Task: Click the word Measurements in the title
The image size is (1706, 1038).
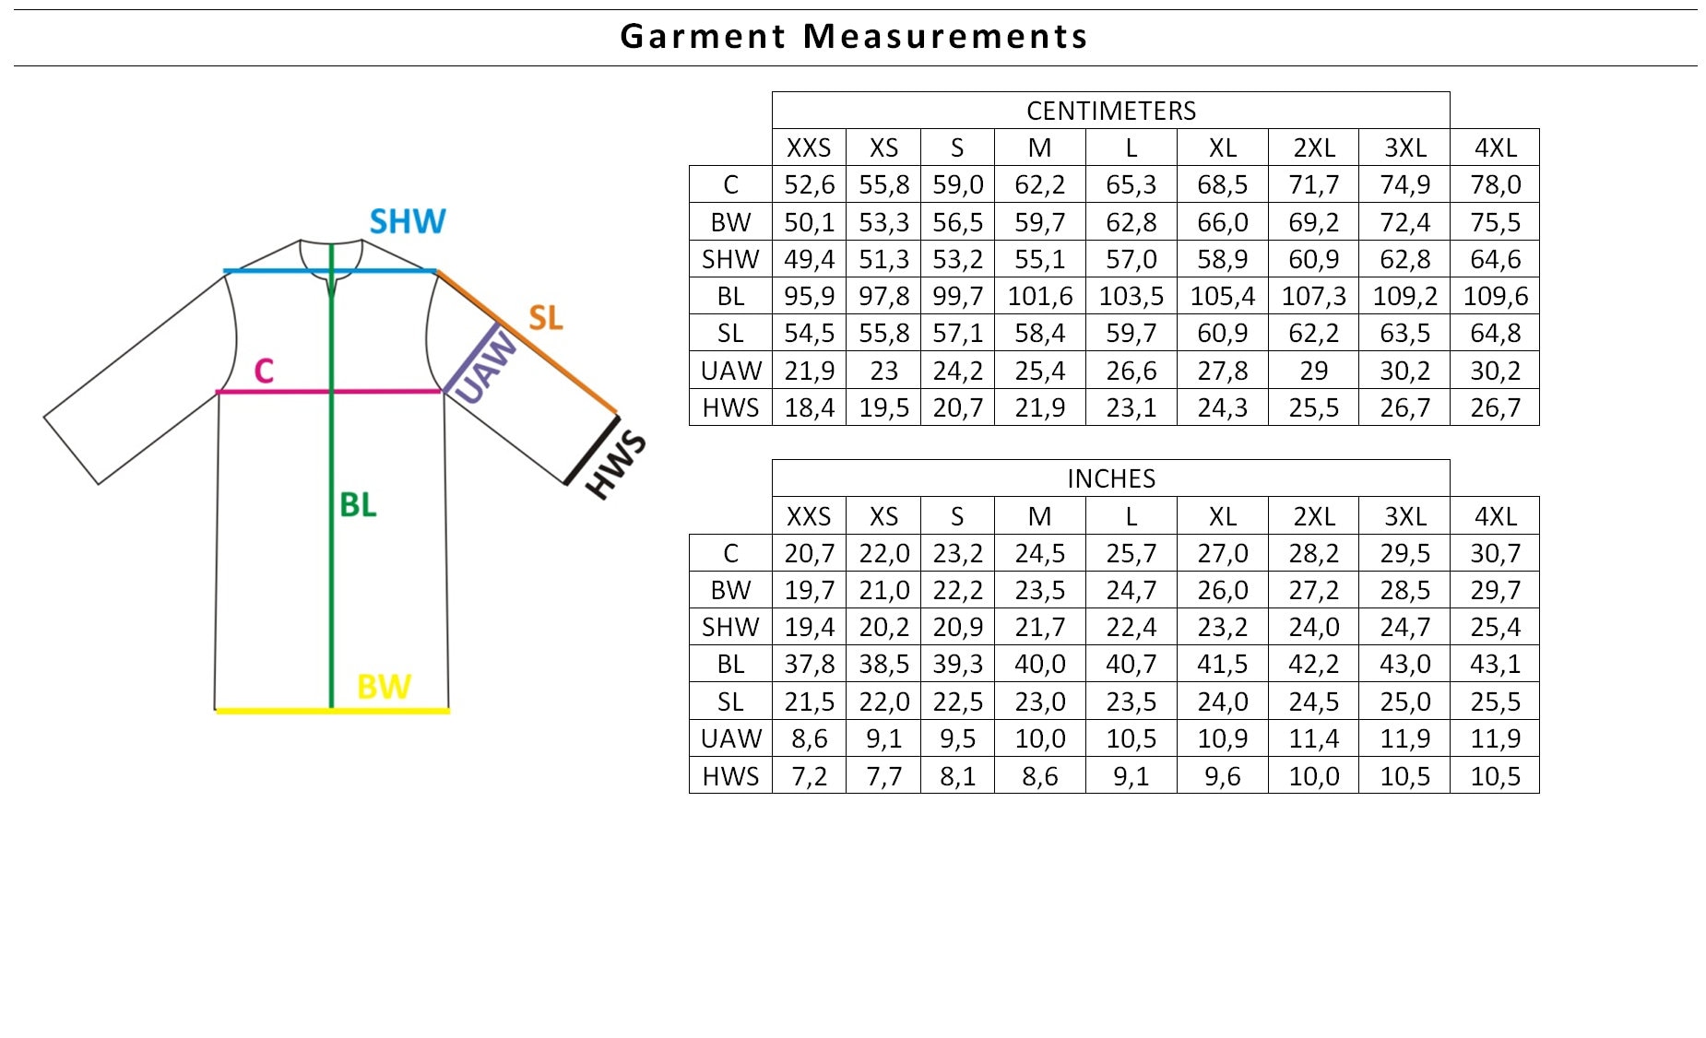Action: (945, 36)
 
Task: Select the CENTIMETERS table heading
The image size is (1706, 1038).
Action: (1111, 111)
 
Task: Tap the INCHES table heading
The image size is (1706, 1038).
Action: (1111, 478)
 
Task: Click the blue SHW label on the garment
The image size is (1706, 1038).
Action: (408, 221)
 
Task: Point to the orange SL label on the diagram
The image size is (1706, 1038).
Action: (545, 318)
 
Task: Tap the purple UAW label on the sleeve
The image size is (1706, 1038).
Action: (486, 368)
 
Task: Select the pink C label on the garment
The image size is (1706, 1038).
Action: (264, 371)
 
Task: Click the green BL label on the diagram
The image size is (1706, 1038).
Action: (358, 504)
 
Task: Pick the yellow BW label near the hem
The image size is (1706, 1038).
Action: (384, 687)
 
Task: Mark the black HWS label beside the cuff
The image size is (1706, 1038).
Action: (615, 465)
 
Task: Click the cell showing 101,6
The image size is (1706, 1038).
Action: (1040, 296)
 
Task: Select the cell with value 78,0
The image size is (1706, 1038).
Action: (1495, 184)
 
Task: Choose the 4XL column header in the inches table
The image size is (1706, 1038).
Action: (1495, 516)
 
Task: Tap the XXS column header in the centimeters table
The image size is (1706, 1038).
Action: (809, 147)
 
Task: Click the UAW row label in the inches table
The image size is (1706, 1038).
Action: (730, 738)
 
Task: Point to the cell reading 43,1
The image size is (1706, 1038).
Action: (1495, 664)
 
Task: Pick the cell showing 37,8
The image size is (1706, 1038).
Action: (809, 664)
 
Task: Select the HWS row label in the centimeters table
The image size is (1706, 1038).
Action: (730, 407)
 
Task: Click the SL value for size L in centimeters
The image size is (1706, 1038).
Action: (1131, 333)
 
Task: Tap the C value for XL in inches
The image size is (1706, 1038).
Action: (1223, 553)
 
